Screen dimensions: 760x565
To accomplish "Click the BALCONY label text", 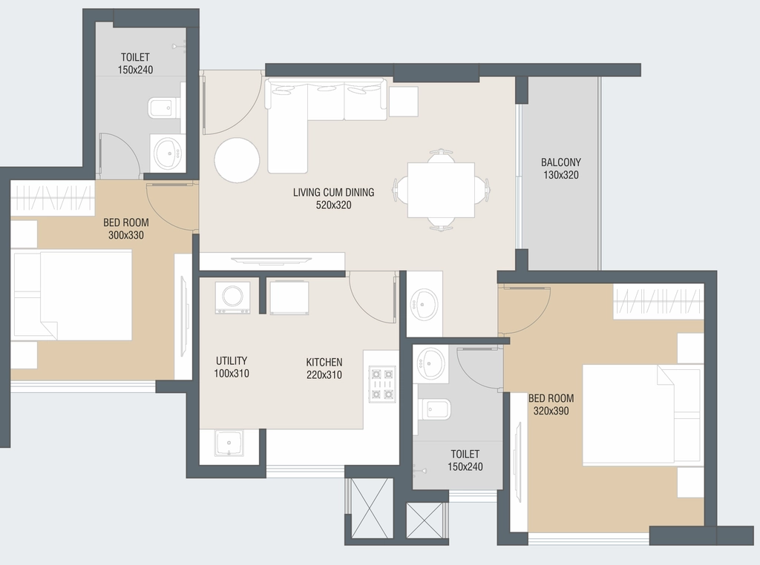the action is coord(561,162).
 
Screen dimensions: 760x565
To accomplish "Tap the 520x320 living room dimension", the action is coord(333,205).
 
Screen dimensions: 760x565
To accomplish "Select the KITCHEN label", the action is coord(324,362).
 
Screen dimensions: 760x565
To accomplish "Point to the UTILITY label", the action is coord(232,360).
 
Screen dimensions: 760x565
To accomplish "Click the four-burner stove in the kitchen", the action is coord(382,383).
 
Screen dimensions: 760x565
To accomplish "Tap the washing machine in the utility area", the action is coord(232,297).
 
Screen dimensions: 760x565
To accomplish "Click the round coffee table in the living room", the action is coord(237,160).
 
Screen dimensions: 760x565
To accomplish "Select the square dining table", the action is coord(441,191).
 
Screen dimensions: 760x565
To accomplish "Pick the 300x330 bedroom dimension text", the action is coord(126,235).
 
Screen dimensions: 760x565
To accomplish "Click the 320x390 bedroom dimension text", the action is coord(551,411).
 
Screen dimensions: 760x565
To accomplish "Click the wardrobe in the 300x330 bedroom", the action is coord(52,199).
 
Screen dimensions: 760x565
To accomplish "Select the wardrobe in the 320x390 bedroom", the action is coord(658,302).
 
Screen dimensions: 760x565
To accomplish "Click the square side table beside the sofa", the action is coord(403,102).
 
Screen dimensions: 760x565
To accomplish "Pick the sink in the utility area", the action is coord(229,443).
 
